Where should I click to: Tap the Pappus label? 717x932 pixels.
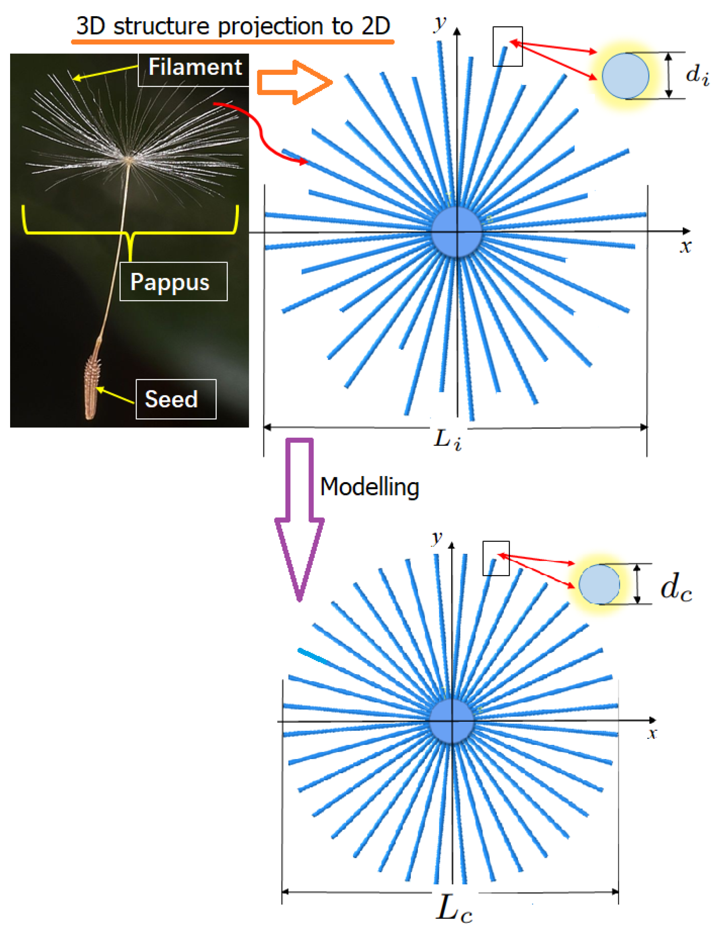(173, 282)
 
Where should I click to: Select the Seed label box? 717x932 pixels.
(176, 399)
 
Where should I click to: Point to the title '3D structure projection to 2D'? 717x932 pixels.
(233, 26)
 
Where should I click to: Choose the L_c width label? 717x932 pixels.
(454, 909)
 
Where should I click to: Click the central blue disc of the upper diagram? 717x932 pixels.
(457, 232)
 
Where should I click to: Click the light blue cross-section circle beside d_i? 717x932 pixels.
(625, 76)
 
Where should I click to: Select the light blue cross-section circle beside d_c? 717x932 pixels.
(599, 584)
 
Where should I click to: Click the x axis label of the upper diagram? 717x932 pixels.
(685, 246)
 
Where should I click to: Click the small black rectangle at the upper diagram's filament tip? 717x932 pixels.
(508, 46)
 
